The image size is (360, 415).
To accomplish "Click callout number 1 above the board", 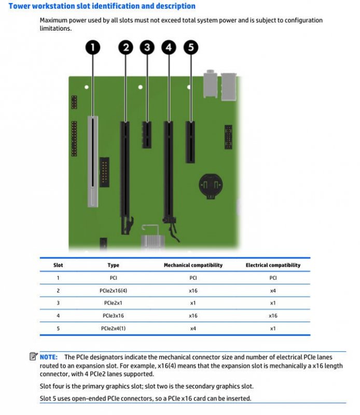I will (93, 48).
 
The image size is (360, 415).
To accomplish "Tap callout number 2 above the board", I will (125, 48).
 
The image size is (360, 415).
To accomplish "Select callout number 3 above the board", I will (147, 48).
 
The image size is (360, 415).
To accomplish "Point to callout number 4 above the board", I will (169, 48).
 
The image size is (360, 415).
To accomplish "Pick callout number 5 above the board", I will (190, 48).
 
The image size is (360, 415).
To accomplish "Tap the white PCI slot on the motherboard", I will (92, 161).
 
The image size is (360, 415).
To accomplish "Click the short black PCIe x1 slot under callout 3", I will (147, 134).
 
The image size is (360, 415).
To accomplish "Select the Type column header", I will (113, 265).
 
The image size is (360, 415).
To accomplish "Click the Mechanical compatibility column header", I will (193, 265).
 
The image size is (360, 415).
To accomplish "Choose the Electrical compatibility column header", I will (273, 265).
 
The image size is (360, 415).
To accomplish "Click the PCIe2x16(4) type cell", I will (113, 290).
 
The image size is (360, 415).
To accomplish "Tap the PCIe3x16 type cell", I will (113, 315).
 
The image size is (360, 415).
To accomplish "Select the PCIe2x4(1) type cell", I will (113, 328).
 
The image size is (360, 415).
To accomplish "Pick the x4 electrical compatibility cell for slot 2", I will (273, 290).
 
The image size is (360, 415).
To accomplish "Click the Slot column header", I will (58, 265).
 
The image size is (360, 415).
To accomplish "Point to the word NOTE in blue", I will (49, 357).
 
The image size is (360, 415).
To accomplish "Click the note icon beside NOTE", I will (33, 357).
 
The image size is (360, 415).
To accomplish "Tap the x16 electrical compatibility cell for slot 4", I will (273, 315).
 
